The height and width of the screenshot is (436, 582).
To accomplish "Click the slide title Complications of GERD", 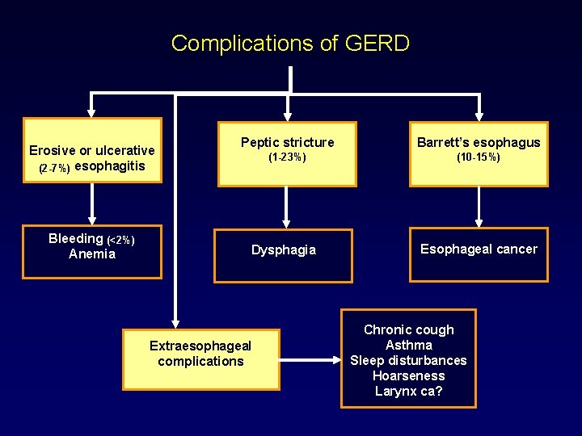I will [x=290, y=43].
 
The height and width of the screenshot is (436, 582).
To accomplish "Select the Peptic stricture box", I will [x=287, y=153].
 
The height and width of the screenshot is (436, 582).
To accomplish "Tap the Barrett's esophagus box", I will [x=479, y=153].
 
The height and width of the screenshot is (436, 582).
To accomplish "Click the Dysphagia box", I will [x=283, y=255].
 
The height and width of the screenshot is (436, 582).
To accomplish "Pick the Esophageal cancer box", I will [x=479, y=254].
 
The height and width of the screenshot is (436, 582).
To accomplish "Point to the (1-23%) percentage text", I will [x=287, y=158].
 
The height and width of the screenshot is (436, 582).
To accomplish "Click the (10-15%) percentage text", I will [x=479, y=157].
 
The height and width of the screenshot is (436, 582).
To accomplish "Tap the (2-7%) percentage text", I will [x=54, y=168].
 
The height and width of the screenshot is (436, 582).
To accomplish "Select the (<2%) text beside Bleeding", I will [x=121, y=240].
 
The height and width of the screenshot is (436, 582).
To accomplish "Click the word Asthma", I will [x=409, y=345].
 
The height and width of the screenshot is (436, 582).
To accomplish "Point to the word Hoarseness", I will [x=409, y=375].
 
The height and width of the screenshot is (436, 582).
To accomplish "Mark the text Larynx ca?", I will [x=409, y=392].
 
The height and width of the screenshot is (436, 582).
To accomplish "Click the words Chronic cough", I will [x=409, y=329].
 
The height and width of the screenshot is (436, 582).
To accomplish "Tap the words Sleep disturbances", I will [x=409, y=360].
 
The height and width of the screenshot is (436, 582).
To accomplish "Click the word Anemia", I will [x=92, y=254].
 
